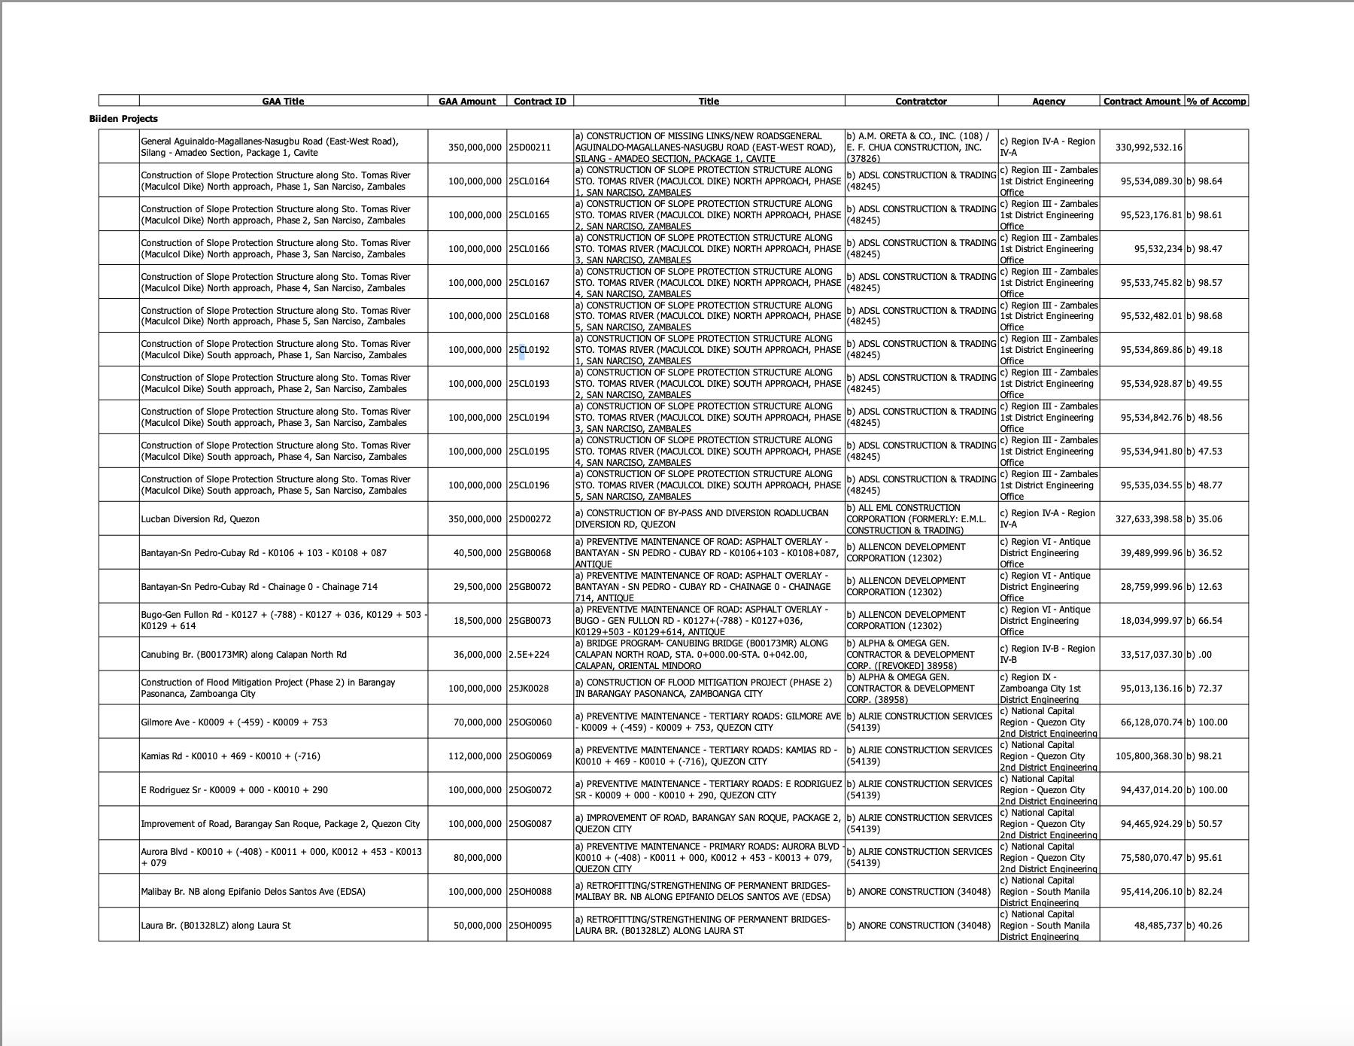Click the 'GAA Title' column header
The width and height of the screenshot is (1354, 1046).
point(283,101)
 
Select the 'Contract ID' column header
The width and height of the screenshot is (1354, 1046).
point(539,101)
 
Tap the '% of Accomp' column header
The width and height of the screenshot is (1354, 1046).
point(1216,101)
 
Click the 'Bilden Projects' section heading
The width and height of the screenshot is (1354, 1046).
point(123,119)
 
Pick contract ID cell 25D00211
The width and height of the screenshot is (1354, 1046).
point(530,147)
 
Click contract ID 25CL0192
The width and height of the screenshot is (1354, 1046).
point(530,350)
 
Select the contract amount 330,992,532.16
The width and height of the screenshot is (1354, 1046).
point(1148,147)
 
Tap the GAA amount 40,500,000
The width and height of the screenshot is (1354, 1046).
point(477,553)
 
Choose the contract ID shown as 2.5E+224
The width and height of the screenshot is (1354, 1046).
point(529,655)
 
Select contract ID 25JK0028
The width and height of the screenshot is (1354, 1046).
point(529,689)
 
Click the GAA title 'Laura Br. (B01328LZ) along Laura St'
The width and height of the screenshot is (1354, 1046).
point(215,926)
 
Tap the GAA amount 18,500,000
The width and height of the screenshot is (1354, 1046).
point(477,621)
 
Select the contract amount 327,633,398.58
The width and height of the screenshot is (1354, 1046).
point(1148,519)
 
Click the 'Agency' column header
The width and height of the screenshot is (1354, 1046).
point(1048,101)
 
